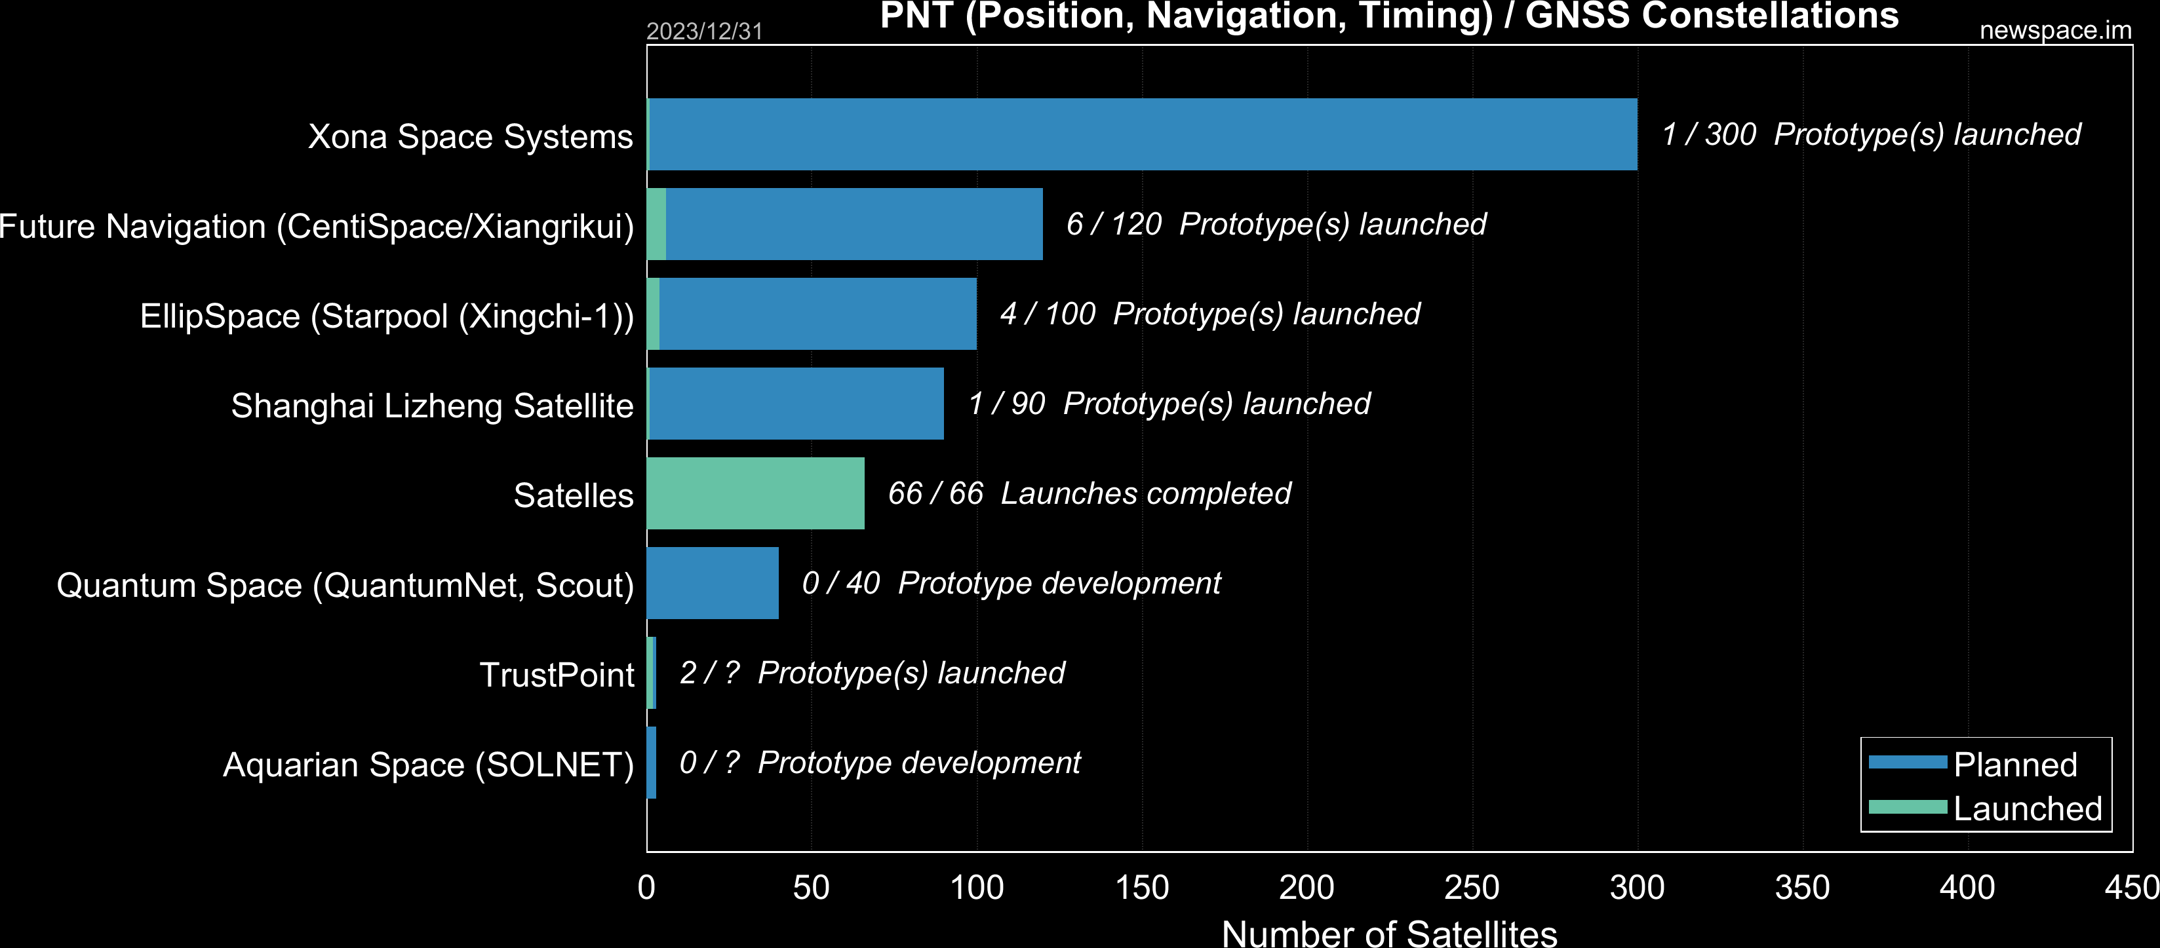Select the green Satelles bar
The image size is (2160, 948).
point(755,493)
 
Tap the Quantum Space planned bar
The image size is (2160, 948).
point(713,583)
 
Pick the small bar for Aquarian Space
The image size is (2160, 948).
point(652,763)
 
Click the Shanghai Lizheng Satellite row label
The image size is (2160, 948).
point(432,406)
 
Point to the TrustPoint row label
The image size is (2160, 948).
point(556,675)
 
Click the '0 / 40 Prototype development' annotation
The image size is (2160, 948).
point(1010,583)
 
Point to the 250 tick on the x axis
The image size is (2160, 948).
point(1472,888)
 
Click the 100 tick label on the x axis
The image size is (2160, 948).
point(976,888)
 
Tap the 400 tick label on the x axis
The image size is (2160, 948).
point(1967,888)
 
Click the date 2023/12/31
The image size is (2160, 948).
point(704,31)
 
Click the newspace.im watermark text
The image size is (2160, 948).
point(2055,30)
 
